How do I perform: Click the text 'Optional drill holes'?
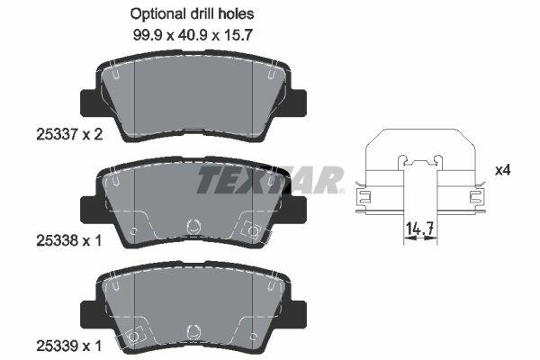click(193, 14)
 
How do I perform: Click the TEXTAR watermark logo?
click(270, 179)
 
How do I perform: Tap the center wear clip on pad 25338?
click(191, 229)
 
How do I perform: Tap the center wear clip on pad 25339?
click(191, 332)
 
